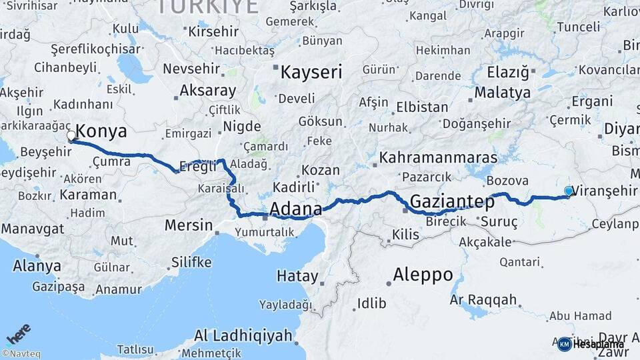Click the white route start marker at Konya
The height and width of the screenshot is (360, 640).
pos(71,136)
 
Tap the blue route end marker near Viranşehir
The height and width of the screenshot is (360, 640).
pos(569,191)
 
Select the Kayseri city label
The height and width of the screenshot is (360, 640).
pos(311,72)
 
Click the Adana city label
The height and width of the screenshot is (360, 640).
pos(295,208)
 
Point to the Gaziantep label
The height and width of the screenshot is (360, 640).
pos(453,201)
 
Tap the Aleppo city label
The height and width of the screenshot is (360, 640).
pos(423,274)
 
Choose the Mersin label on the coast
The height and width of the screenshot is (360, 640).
pos(188,225)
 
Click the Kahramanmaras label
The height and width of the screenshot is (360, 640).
pos(439,158)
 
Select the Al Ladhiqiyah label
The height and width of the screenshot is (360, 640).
pos(243,335)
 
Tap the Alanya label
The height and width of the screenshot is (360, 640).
pos(37,266)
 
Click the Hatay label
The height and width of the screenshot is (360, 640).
pos(297,275)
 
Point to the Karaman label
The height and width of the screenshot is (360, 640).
pos(88,195)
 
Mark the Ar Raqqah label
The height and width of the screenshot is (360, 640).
pos(484,300)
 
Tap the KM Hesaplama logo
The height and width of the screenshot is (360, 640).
pos(591,344)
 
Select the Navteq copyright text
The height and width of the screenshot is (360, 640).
pos(21,354)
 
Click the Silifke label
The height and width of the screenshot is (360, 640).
pos(191,262)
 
